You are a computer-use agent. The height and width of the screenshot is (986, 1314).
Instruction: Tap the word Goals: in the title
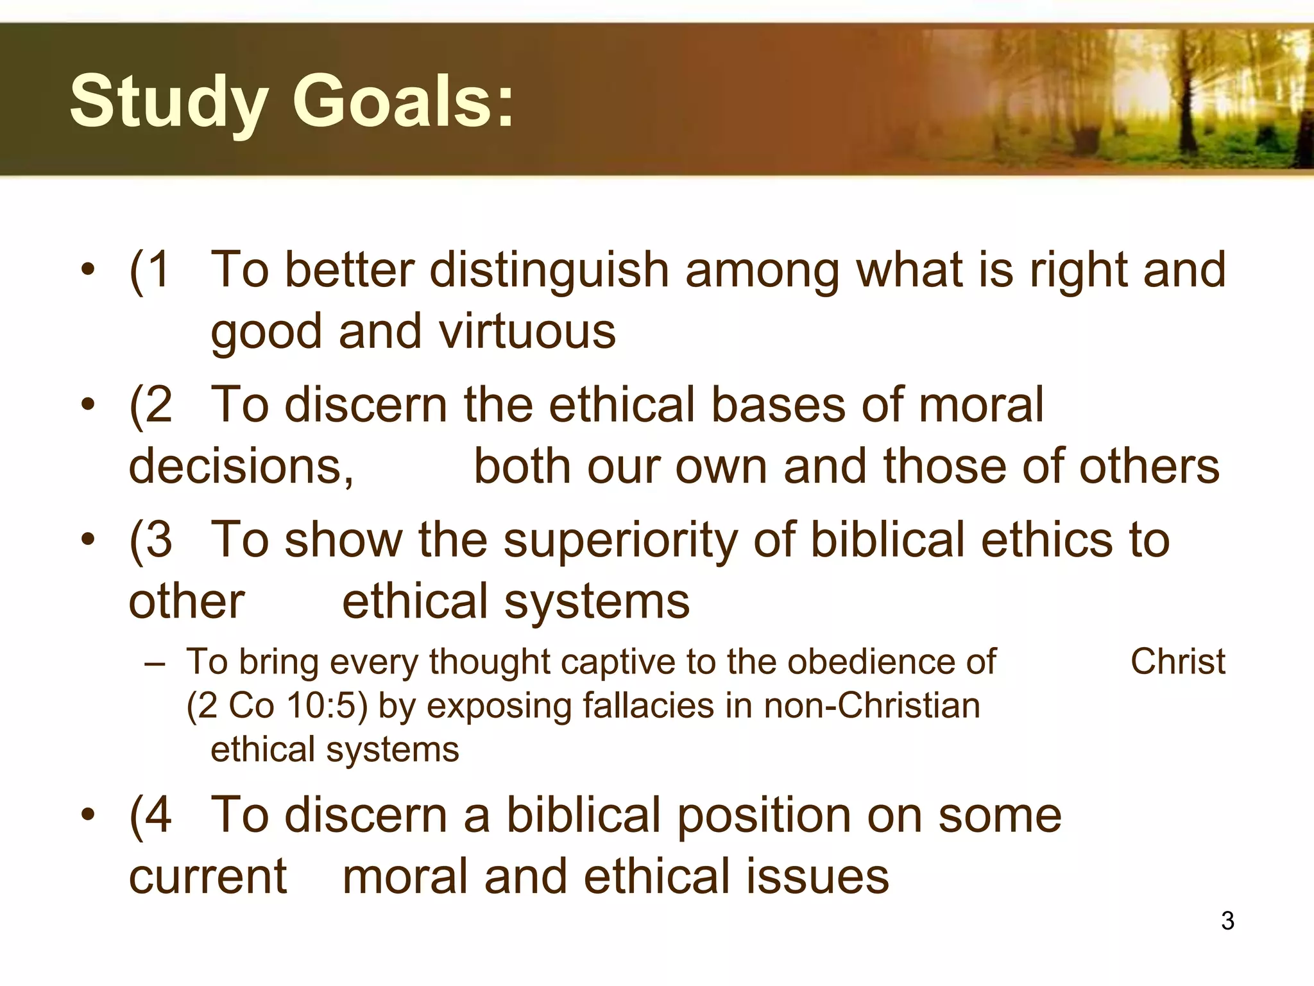point(404,101)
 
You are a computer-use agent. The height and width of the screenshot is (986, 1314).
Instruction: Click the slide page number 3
point(1227,921)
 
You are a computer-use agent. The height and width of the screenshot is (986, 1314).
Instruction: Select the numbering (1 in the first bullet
point(150,270)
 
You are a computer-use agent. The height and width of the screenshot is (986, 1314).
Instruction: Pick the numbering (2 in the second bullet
point(151,405)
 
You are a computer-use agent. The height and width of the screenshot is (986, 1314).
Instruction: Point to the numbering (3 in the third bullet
point(151,540)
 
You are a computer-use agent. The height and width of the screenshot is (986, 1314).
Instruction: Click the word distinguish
point(549,270)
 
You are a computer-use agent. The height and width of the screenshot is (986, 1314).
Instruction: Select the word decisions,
point(241,467)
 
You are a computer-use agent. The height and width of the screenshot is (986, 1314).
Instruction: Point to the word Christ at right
point(1177,661)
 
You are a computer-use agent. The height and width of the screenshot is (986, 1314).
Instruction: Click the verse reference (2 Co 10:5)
point(277,705)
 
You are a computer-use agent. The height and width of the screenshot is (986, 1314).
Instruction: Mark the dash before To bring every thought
point(155,662)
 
